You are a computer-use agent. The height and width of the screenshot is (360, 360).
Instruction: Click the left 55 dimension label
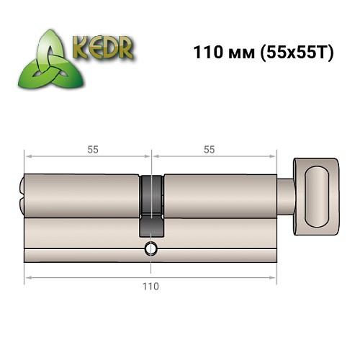point(93,150)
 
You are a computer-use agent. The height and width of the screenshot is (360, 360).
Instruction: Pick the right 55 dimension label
point(210,150)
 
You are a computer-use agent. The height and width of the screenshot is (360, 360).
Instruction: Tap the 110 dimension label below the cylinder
point(150,285)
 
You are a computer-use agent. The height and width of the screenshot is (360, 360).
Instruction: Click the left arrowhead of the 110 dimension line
point(27,275)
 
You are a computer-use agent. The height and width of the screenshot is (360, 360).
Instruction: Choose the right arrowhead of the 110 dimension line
point(274,275)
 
